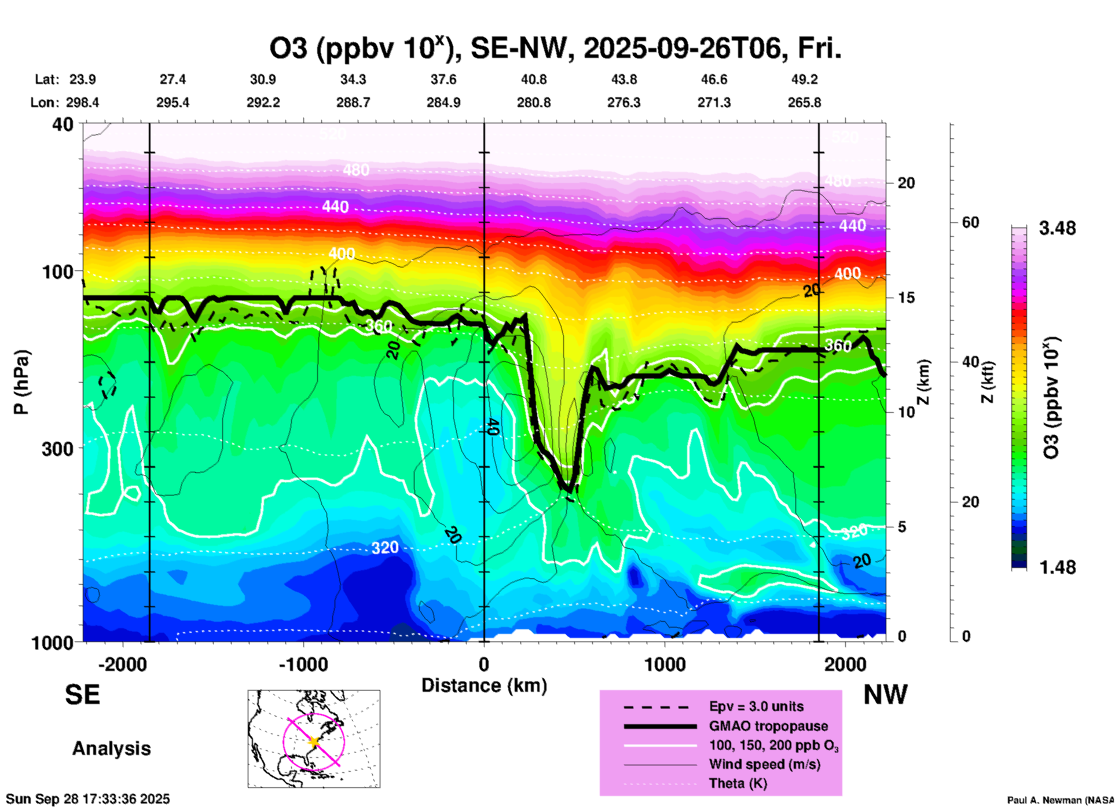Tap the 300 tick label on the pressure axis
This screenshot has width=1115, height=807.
[58, 449]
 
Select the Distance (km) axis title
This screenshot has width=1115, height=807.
[484, 685]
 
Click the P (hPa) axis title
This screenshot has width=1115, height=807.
[21, 382]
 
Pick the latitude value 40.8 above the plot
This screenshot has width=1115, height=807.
[533, 79]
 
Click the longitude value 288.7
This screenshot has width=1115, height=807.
[353, 102]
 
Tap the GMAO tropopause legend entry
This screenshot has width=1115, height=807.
[768, 726]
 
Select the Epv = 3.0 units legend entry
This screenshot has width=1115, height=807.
[756, 707]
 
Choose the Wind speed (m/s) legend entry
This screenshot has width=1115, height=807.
[764, 765]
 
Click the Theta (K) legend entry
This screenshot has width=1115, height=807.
[738, 784]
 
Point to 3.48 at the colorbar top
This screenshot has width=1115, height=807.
[1057, 228]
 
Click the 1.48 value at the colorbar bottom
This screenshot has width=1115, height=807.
[1057, 567]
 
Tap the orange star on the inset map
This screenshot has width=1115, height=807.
[314, 742]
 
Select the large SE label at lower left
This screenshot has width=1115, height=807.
[82, 695]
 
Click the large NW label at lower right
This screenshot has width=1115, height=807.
[885, 695]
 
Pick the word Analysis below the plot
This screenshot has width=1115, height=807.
[111, 749]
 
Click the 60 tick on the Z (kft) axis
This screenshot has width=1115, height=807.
[970, 222]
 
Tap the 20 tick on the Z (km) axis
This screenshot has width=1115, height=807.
[906, 184]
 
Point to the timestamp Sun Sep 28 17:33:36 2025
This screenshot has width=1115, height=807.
[88, 799]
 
